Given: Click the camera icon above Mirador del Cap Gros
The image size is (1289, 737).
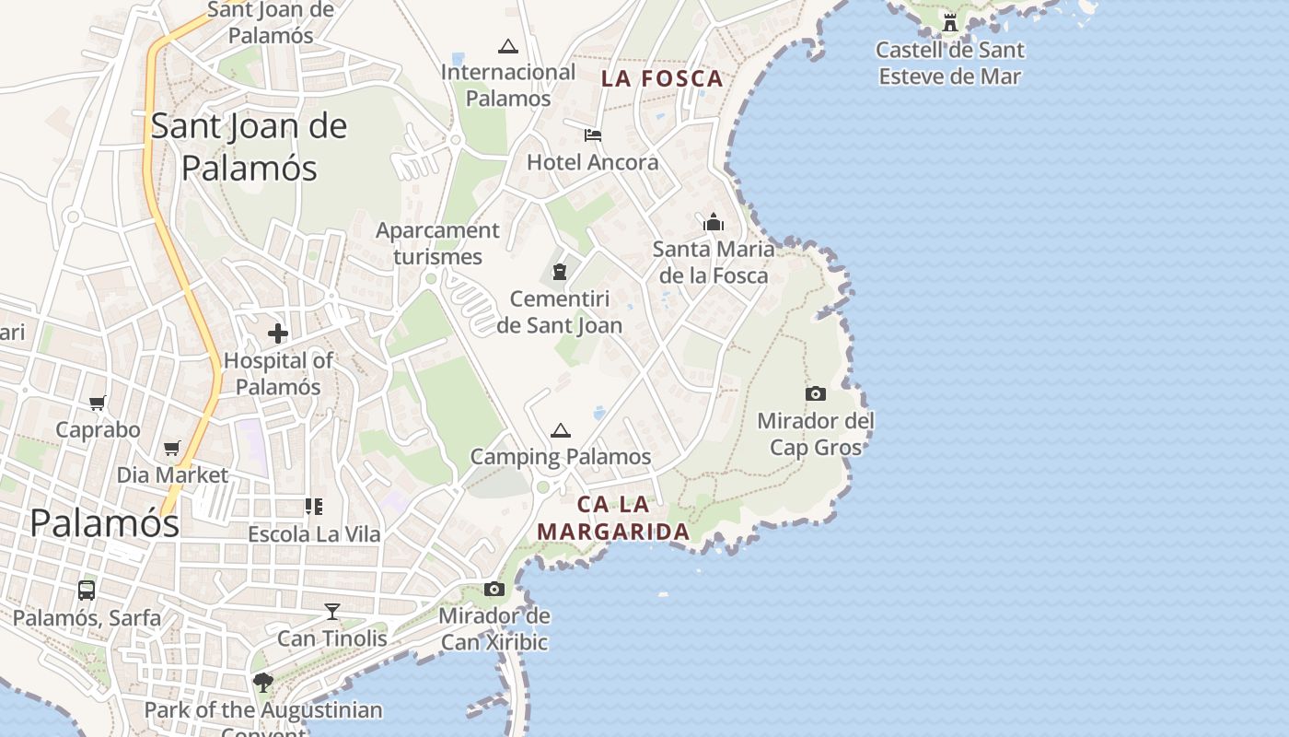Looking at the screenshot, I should (x=815, y=394).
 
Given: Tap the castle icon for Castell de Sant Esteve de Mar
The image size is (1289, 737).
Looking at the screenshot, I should (x=950, y=22).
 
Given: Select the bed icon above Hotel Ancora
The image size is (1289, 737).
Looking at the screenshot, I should (x=593, y=135).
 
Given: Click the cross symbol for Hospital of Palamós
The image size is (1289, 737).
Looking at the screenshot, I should (x=278, y=333).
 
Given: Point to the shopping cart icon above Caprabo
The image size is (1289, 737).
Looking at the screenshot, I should (x=98, y=403).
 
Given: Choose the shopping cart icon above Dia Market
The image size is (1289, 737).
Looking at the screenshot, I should (x=172, y=448).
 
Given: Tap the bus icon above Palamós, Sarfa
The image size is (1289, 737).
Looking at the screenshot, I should (x=87, y=591).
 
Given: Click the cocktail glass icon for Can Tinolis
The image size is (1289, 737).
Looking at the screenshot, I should (x=332, y=612).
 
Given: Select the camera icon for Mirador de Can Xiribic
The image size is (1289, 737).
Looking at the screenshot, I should (x=494, y=590).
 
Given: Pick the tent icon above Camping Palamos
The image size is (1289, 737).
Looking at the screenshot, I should (x=560, y=430).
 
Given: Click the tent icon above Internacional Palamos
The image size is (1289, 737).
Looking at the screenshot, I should (x=507, y=45).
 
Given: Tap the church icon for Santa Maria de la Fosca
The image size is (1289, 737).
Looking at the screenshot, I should (x=714, y=222).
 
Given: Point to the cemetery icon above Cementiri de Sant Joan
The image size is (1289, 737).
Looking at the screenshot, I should (x=559, y=272).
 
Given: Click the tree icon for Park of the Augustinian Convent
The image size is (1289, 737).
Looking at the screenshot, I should (x=263, y=683).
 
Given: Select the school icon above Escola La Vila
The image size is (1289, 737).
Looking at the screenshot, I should (x=314, y=507).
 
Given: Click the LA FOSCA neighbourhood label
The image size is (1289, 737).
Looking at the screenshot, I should (x=663, y=79).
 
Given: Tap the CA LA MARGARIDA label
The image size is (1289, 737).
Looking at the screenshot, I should (x=613, y=518).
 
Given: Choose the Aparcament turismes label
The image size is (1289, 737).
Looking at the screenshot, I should (x=437, y=243).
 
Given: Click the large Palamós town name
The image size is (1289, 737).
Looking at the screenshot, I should (x=104, y=523).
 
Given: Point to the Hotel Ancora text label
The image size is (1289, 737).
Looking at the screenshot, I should (x=593, y=163).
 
